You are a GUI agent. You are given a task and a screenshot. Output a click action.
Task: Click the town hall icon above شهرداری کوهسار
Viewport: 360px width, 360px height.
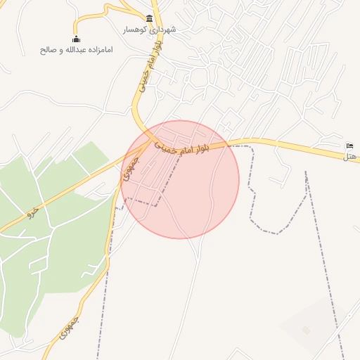click(149, 18)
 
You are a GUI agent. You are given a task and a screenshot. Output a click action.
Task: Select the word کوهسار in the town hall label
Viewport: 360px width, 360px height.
click(135, 30)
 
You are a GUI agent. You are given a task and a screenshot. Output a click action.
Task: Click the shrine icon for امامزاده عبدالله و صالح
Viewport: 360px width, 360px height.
click(76, 39)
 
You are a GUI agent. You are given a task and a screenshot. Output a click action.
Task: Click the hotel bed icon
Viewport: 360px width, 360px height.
click(350, 146)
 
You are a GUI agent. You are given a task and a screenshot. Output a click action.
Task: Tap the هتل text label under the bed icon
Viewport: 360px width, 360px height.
click(350, 156)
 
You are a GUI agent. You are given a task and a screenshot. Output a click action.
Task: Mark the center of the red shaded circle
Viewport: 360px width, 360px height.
click(180, 179)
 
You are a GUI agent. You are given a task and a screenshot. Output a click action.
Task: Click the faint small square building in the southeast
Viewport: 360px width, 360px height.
click(305, 330)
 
